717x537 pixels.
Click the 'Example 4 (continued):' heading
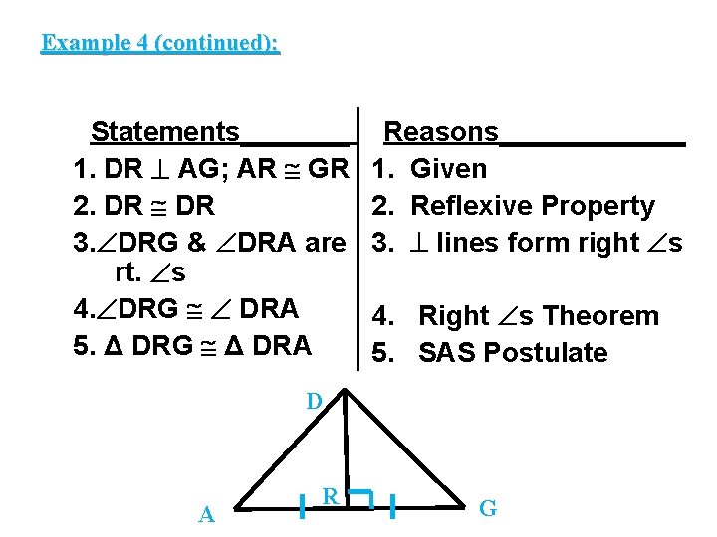tap(160, 43)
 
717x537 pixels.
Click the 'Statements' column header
tap(164, 132)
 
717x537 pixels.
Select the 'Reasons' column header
tap(440, 132)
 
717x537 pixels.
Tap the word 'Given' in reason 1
tap(448, 169)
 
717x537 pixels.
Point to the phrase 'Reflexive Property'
tap(532, 206)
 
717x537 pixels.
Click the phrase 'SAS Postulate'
tap(513, 353)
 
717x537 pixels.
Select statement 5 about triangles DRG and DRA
tap(192, 345)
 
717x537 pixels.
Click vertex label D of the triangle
tap(314, 402)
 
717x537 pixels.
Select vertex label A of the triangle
tap(207, 514)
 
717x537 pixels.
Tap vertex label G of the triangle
tap(488, 509)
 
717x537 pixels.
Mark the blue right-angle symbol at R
tap(360, 497)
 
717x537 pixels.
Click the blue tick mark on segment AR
tap(301, 506)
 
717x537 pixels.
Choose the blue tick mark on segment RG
tap(394, 506)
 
